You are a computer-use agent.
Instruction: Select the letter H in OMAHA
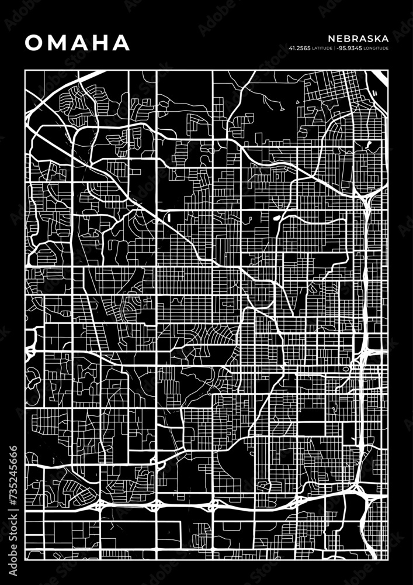pos(99,42)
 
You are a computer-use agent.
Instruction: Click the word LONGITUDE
pos(377,48)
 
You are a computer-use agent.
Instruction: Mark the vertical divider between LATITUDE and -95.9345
pos(335,48)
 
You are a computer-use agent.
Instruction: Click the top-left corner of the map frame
pos(25,70)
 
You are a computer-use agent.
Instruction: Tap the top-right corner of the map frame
pos(387,70)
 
